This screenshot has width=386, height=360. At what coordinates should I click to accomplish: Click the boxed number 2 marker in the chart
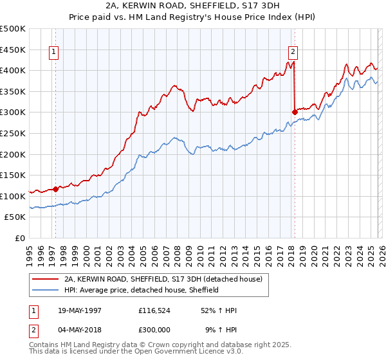point(293,53)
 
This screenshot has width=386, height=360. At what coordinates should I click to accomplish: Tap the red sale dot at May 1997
point(56,189)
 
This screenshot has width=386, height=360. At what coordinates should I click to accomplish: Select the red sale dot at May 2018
point(295,113)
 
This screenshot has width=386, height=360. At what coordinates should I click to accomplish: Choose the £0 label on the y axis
point(21,238)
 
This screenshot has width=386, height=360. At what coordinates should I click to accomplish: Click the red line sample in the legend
point(46,280)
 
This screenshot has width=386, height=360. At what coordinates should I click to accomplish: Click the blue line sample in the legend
point(46,291)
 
